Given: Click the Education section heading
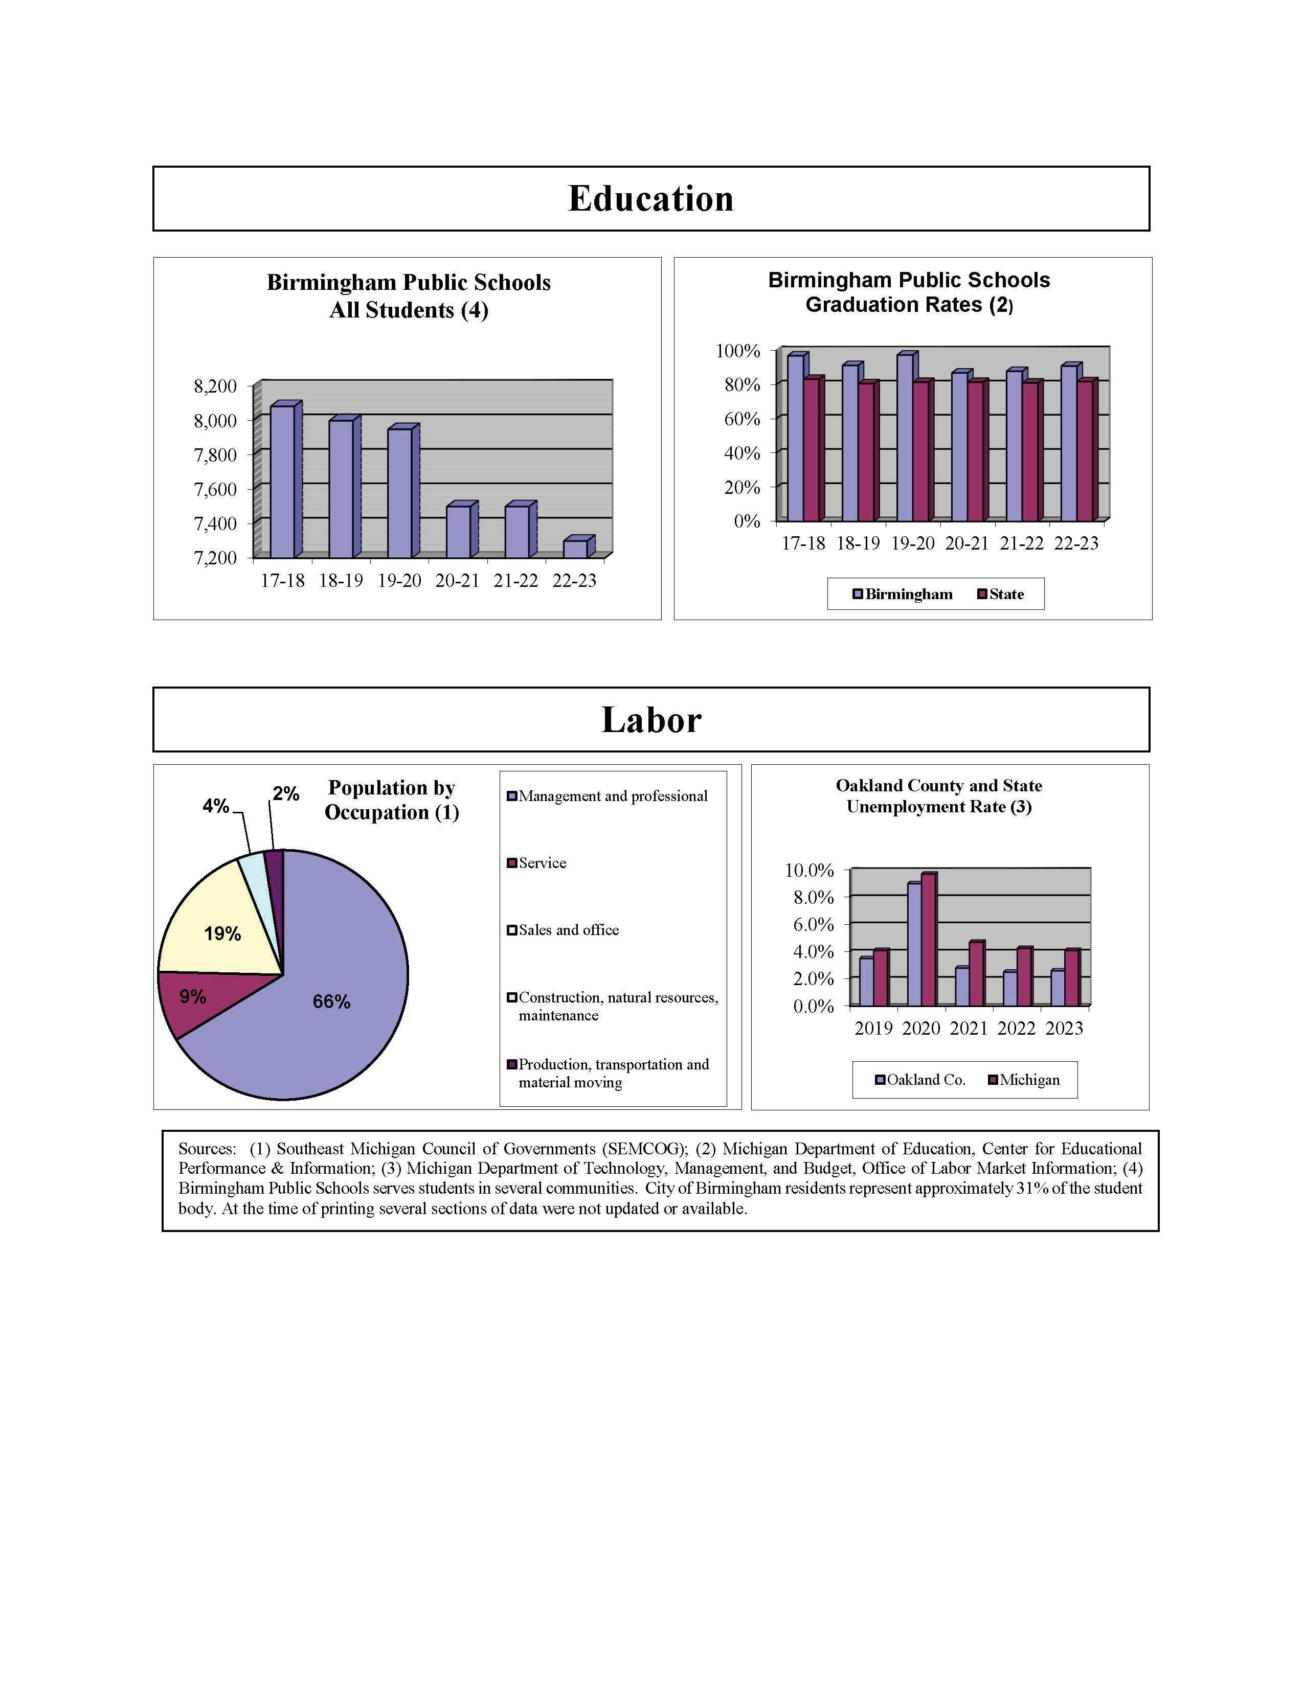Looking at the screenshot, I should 650,198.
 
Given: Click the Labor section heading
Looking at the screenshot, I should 650,720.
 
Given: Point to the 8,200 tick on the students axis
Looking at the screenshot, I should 215,386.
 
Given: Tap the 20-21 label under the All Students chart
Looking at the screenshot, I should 457,581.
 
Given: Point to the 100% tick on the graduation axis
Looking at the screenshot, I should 738,352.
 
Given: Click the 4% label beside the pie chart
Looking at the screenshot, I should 215,806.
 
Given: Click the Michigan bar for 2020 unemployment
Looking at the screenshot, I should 929,940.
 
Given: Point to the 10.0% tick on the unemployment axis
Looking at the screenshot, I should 810,871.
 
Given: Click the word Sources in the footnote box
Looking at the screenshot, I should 206,1149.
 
